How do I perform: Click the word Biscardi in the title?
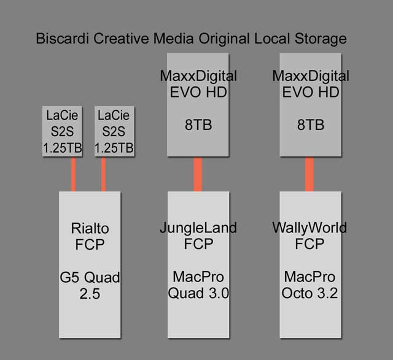pos(60,39)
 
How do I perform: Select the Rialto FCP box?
pos(89,264)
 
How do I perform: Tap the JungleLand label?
pos(198,228)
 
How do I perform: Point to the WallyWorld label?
pos(309,228)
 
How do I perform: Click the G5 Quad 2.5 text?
pos(89,286)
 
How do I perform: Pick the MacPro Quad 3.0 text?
pos(198,285)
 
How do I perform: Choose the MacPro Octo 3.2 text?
pos(309,285)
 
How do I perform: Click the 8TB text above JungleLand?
pos(198,125)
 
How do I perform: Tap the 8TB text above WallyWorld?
pos(309,125)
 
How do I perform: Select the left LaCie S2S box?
pos(61,131)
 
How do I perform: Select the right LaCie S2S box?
pos(115,131)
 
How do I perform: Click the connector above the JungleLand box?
pos(198,174)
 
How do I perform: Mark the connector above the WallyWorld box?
pos(309,174)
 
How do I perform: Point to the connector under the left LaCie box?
pos(74,174)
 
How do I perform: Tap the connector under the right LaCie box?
pos(103,174)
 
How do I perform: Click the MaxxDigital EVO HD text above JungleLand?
pos(198,85)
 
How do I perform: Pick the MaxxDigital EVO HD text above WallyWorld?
pos(309,85)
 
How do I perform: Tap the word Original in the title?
pos(220,40)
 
